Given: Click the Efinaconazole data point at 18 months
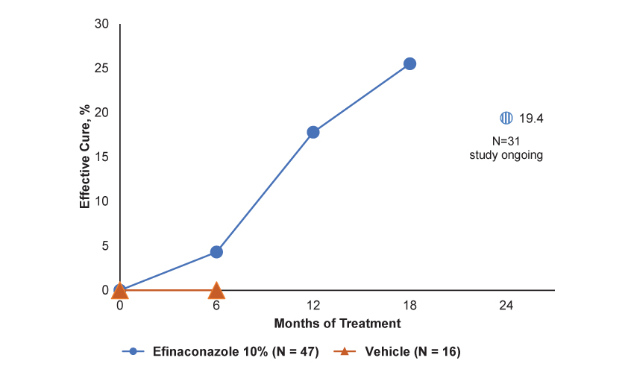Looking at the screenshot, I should click(x=409, y=64).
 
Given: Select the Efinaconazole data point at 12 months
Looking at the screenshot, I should click(x=313, y=132).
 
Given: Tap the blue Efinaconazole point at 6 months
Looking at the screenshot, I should click(x=216, y=252).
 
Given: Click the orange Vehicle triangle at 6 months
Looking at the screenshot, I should click(x=216, y=290).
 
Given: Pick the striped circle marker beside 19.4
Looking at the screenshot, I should click(x=506, y=118).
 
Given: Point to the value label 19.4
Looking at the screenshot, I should click(x=531, y=118).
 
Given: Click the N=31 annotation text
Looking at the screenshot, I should click(x=506, y=142).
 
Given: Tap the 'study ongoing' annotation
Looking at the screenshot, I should click(x=506, y=156).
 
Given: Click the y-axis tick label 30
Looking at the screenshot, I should click(x=102, y=25).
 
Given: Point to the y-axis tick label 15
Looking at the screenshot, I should click(x=102, y=157).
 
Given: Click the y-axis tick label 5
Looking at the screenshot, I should click(x=105, y=245).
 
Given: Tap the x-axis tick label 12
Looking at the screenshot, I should click(x=313, y=306).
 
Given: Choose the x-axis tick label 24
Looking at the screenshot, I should click(x=506, y=306).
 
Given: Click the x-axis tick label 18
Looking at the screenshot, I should click(x=409, y=306).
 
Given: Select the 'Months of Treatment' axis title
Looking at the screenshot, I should click(x=337, y=324).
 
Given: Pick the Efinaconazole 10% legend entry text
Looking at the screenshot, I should click(x=236, y=352).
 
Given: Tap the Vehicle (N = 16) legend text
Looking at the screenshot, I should click(x=412, y=352).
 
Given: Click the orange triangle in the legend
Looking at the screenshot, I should click(x=345, y=352).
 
